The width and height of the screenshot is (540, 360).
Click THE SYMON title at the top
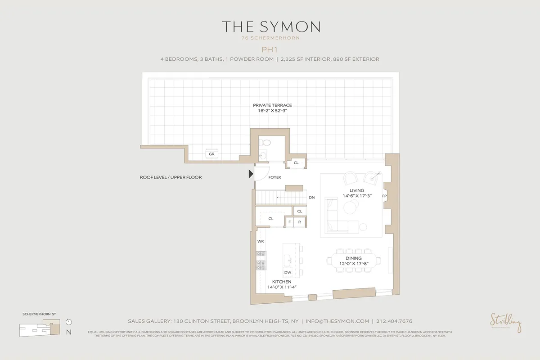(270, 27)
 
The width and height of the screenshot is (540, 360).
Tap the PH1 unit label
(270, 49)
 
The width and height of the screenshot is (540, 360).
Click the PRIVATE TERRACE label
(270, 105)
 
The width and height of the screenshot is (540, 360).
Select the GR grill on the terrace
(211, 154)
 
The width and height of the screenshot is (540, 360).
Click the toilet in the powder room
(266, 143)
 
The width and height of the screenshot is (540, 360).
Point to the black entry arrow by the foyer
(251, 174)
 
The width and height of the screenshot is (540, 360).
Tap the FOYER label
(274, 177)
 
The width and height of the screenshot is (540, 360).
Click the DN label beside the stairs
(311, 198)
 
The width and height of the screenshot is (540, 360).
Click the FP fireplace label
(384, 197)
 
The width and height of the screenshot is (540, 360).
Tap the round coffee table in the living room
(350, 207)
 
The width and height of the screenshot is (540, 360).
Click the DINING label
(354, 258)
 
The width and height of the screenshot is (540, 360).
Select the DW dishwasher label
(288, 272)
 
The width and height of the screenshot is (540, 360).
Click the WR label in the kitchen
(261, 241)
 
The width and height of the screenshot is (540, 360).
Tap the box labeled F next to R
(290, 222)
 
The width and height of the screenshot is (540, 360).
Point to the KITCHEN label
(282, 282)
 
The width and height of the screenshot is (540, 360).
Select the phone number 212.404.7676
(395, 321)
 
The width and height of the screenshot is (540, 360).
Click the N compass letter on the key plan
(68, 333)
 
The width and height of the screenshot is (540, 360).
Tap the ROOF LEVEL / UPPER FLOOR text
(171, 177)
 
